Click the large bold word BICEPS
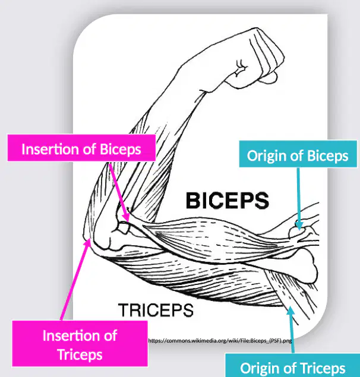[x=228, y=201]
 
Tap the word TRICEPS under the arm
[x=156, y=310]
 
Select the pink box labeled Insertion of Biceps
[x=81, y=148]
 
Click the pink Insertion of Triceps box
[x=80, y=344]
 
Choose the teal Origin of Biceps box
[x=298, y=154]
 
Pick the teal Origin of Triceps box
[x=293, y=365]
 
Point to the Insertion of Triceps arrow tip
[x=90, y=239]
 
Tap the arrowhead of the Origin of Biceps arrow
[x=299, y=230]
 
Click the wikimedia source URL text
[x=220, y=341]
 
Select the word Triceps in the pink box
[x=80, y=354]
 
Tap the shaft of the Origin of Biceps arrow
[x=299, y=195]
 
